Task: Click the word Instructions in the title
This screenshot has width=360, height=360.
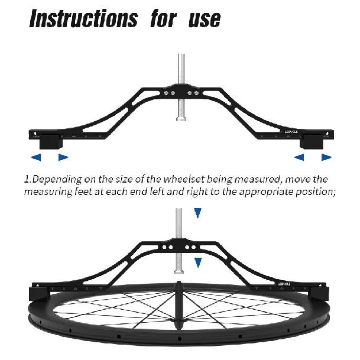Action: (83, 18)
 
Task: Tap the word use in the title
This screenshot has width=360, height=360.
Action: (205, 20)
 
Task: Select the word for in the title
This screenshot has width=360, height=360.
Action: (164, 18)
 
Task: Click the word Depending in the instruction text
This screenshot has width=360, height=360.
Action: (57, 180)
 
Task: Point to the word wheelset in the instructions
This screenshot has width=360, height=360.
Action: (184, 179)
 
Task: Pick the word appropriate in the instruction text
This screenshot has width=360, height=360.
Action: (267, 192)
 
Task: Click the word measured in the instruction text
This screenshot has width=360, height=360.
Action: (258, 179)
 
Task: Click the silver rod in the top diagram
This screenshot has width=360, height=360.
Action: (181, 87)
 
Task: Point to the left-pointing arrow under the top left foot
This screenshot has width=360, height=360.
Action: (36, 157)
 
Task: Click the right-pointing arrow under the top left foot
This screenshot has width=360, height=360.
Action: (63, 157)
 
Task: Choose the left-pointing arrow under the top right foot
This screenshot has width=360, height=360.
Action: (299, 157)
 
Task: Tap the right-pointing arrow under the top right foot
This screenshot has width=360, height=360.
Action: (326, 157)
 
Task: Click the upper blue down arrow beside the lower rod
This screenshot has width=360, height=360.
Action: (197, 213)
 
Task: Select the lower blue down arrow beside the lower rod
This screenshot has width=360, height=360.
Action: (198, 262)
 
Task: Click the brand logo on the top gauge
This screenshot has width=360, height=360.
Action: (291, 132)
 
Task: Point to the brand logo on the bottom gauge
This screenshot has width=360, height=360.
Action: (284, 284)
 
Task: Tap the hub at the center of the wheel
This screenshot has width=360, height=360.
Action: (179, 306)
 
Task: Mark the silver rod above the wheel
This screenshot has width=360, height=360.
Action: (179, 241)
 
